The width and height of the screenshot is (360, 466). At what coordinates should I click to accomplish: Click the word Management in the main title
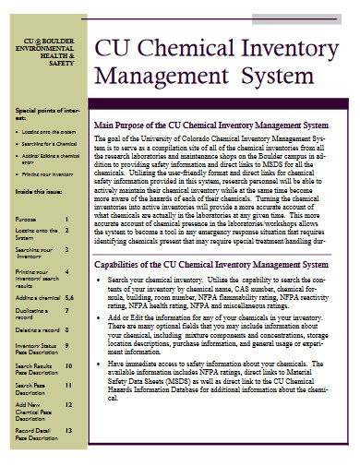click(x=162, y=76)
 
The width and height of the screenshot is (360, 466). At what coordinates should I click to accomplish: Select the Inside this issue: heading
click(x=41, y=190)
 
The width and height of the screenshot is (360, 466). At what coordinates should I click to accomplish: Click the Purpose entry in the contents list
click(x=26, y=219)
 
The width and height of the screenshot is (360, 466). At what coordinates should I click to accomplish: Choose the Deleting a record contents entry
click(x=37, y=329)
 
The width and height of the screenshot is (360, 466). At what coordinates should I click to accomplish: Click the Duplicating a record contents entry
click(x=32, y=311)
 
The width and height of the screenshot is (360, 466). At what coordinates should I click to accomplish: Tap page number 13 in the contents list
click(x=69, y=430)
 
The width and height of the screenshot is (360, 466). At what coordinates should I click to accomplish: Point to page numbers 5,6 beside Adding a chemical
click(x=69, y=298)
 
